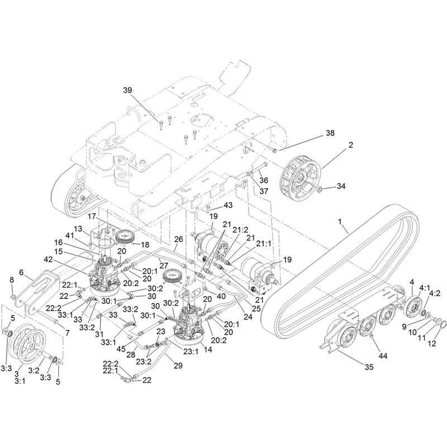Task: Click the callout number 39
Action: (x=127, y=90)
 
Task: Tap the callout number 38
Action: (x=330, y=133)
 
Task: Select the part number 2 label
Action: (x=351, y=145)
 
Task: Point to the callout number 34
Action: (x=341, y=186)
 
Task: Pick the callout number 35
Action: (x=369, y=367)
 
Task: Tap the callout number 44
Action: (x=383, y=356)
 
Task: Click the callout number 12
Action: (x=432, y=344)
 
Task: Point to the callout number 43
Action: (x=228, y=205)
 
